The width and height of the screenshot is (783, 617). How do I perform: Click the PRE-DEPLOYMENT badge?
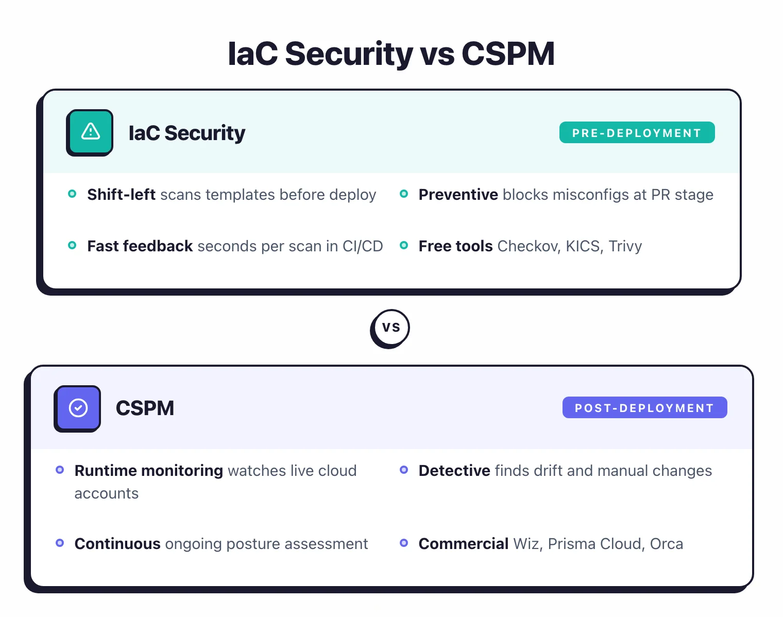pyautogui.click(x=637, y=133)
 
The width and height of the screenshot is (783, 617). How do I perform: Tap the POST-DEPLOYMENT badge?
pyautogui.click(x=644, y=408)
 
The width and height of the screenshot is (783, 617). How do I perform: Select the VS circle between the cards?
pyautogui.click(x=390, y=328)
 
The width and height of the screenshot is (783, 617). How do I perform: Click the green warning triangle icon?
pyautogui.click(x=90, y=132)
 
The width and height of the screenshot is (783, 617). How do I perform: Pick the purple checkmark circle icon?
pyautogui.click(x=78, y=408)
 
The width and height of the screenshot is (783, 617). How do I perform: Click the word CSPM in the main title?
pyautogui.click(x=508, y=54)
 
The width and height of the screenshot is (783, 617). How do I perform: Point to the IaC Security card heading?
pyautogui.click(x=186, y=133)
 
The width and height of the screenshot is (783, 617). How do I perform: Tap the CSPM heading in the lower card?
pyautogui.click(x=145, y=408)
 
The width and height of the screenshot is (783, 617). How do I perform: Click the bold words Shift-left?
pyautogui.click(x=121, y=195)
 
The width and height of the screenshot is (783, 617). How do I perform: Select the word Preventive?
pyautogui.click(x=458, y=195)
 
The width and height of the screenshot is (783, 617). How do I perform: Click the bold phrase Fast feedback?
pyautogui.click(x=140, y=246)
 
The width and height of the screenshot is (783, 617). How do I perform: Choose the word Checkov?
pyautogui.click(x=529, y=246)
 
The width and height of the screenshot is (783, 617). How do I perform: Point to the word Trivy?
pyautogui.click(x=625, y=246)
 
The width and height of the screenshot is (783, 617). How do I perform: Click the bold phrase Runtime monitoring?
pyautogui.click(x=148, y=471)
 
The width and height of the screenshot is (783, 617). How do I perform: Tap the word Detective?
pyautogui.click(x=454, y=471)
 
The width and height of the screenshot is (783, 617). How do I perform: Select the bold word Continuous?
pyautogui.click(x=117, y=544)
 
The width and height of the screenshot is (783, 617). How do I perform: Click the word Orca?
pyautogui.click(x=666, y=544)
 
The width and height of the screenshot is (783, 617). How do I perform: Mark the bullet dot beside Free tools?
pyautogui.click(x=404, y=245)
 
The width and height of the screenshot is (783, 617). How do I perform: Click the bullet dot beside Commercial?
pyautogui.click(x=404, y=543)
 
